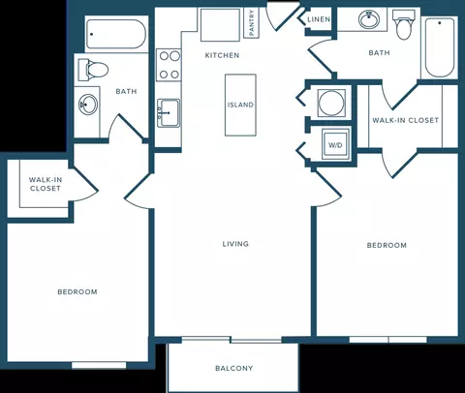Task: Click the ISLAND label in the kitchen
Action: [240, 105]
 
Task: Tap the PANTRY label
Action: [252, 22]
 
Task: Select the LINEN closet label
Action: [319, 19]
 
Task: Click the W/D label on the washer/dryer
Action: [335, 145]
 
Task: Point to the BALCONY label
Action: [234, 368]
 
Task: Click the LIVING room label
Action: [235, 244]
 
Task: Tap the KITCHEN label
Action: [222, 55]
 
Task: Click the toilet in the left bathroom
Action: [93, 70]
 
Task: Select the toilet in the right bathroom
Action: [404, 24]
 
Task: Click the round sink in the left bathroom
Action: [88, 104]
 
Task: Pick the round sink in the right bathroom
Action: [369, 19]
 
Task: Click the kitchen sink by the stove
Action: [169, 113]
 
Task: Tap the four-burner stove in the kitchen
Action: [169, 65]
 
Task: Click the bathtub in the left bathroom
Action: [115, 34]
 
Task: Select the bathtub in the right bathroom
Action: [439, 47]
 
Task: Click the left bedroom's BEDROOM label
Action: [77, 292]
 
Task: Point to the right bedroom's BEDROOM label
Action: [387, 246]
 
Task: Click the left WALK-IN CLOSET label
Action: [46, 184]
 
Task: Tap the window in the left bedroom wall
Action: [99, 365]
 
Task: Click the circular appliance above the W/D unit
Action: [331, 103]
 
